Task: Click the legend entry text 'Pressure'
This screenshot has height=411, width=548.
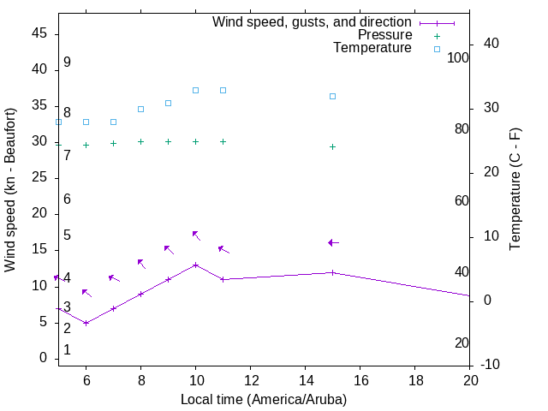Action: [x=384, y=35]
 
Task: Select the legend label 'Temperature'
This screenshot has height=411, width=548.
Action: [x=372, y=48]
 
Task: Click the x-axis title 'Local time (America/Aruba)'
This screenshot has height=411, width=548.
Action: [x=264, y=399]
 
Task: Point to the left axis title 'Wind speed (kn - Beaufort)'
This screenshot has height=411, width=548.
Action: [x=10, y=190]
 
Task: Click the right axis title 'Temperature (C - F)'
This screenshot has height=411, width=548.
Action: [x=515, y=190]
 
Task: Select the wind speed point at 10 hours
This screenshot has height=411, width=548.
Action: [x=196, y=265]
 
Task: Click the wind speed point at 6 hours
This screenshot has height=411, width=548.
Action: [x=86, y=323]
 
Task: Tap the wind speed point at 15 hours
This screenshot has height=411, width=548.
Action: [x=333, y=272]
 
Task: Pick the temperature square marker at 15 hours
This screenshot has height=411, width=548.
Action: [x=333, y=96]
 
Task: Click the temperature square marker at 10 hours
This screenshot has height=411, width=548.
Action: [x=196, y=90]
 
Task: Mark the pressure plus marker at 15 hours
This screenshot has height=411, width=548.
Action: [x=333, y=146]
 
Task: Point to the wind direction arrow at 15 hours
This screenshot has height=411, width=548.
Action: [x=333, y=243]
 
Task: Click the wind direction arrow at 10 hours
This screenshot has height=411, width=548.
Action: [x=196, y=235]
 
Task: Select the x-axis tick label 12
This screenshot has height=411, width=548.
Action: [x=251, y=380]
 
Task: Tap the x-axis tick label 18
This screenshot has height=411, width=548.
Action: [x=415, y=380]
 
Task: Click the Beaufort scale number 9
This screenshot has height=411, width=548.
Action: [x=67, y=63]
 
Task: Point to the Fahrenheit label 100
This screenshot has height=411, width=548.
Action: [x=459, y=57]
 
